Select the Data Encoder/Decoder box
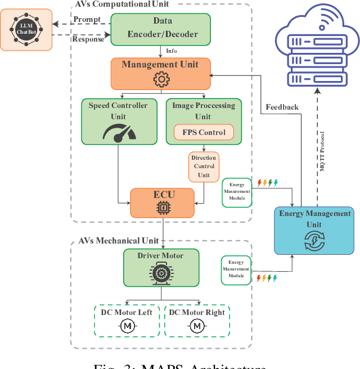tap(161, 29)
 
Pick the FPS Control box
tap(204, 133)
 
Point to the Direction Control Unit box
tap(204, 166)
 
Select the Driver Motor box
tap(161, 267)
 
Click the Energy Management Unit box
tap(314, 230)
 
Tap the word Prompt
tap(87, 19)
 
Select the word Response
tap(88, 39)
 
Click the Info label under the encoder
tap(171, 51)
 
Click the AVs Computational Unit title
tap(122, 4)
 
